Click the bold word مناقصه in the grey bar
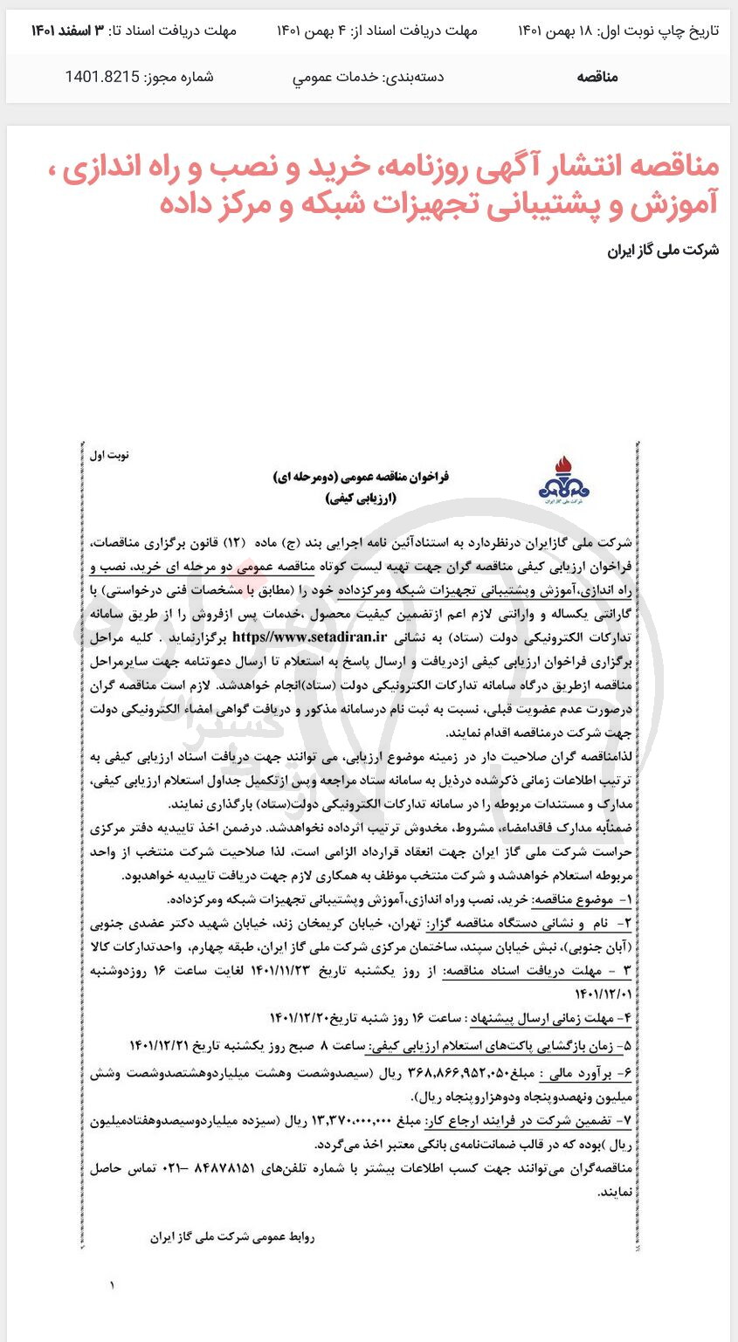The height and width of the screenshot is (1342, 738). tap(597, 77)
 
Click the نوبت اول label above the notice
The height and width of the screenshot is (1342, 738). tap(109, 455)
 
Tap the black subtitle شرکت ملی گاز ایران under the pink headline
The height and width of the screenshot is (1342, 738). tap(663, 251)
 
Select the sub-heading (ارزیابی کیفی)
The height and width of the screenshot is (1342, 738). tap(361, 499)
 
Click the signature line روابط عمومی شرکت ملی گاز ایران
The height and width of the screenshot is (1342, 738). tap(232, 1236)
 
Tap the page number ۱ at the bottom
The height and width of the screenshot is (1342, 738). tap(112, 1285)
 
